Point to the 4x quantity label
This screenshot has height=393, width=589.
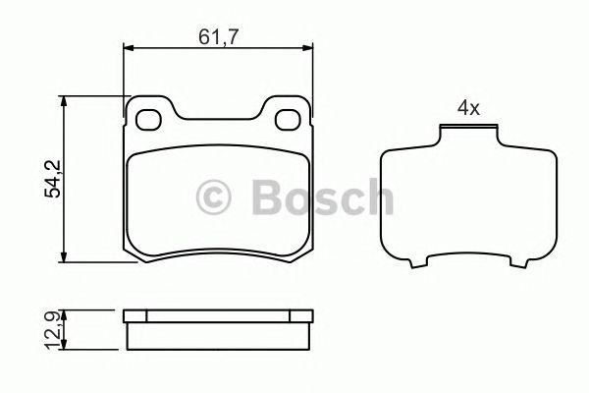click(467, 109)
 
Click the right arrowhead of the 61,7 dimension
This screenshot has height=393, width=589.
click(312, 49)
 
